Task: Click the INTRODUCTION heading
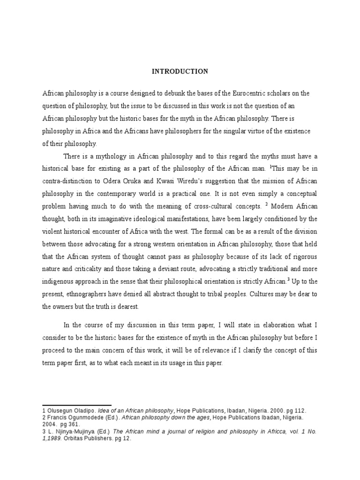(x=180, y=72)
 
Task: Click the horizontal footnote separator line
(x=77, y=405)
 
